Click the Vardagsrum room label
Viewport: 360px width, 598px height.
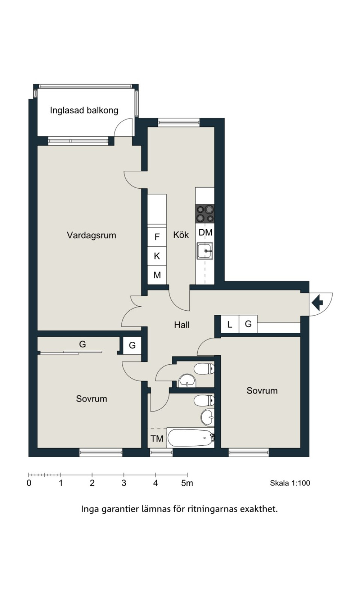[x=91, y=235]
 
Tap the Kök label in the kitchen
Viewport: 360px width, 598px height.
[x=181, y=235]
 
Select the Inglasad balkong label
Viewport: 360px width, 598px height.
[x=84, y=110]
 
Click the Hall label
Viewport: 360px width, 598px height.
[x=182, y=325]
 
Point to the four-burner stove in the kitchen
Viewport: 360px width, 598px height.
[x=205, y=213]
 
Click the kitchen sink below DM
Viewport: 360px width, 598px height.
[x=205, y=251]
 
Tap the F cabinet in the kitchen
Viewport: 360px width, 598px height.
[x=157, y=237]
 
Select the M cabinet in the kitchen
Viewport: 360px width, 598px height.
[x=157, y=275]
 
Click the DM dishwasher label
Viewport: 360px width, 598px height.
[x=205, y=233]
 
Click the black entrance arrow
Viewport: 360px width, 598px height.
[x=318, y=302]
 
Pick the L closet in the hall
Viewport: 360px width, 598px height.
[x=230, y=324]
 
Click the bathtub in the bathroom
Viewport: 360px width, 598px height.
[x=190, y=437]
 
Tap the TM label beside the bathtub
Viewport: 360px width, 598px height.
[x=157, y=439]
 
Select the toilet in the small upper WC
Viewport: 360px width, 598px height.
[x=204, y=369]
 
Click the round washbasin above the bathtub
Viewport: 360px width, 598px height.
[x=208, y=417]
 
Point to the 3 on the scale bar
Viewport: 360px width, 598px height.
[x=124, y=483]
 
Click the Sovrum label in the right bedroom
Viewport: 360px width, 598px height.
[x=262, y=391]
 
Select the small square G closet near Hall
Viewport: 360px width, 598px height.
[x=132, y=346]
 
